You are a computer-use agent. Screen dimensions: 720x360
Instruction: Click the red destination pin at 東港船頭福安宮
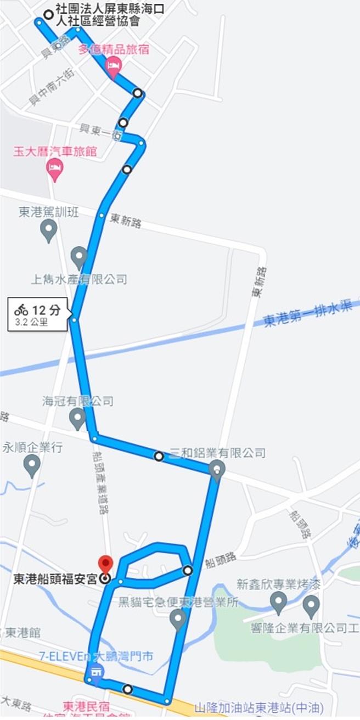coord(105,564)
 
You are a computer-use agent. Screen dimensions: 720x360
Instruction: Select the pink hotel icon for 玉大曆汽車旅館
coord(55,169)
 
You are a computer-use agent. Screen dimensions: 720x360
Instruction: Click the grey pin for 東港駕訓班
coord(49,230)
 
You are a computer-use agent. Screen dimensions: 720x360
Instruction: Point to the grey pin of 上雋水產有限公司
coord(79,257)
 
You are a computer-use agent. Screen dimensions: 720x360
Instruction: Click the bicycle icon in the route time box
coord(21,309)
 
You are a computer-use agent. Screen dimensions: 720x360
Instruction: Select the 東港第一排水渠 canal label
coord(307,314)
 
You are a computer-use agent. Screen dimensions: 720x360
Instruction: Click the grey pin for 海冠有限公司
coord(77,418)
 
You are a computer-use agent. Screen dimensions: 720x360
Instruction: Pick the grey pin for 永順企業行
coord(32,466)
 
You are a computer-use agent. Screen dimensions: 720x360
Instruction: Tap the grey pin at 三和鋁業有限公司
coord(217,470)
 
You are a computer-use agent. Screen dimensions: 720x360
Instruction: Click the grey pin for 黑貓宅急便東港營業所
coord(177,619)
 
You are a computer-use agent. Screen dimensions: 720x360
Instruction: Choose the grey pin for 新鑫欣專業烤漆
coord(278,603)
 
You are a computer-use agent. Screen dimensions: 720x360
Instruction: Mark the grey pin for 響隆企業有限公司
coord(311,605)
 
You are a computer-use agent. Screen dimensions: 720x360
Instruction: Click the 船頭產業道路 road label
coord(100,483)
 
